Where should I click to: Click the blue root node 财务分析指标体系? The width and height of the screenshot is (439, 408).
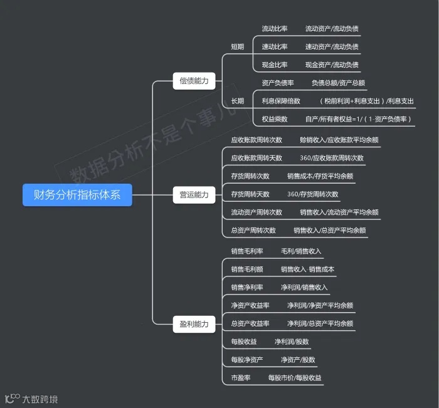point(77,195)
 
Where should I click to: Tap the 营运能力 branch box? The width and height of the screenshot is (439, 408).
point(194,195)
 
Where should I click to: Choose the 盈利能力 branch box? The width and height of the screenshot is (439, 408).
point(194,325)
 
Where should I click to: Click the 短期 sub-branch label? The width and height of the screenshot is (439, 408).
point(237,47)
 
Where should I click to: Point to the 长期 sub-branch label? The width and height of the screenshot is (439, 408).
point(237,101)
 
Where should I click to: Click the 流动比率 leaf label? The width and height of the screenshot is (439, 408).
point(275,29)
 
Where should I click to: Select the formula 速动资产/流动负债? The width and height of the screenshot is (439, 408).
point(332,47)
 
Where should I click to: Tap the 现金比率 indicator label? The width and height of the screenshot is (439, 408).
point(275,65)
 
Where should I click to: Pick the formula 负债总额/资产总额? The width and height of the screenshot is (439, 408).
point(338,83)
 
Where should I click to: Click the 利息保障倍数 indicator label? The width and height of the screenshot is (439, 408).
point(281,101)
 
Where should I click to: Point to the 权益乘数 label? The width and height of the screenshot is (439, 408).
point(275,119)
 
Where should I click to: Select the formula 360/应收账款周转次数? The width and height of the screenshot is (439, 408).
point(332,158)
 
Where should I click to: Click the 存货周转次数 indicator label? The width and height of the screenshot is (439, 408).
point(250,176)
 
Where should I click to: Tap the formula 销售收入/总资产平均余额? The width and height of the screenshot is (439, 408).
point(330,231)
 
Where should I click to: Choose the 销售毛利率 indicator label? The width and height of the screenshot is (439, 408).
point(247,251)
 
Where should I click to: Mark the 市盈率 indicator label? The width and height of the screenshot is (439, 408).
point(241,378)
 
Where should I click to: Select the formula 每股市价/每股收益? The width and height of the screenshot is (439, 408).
point(295,378)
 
